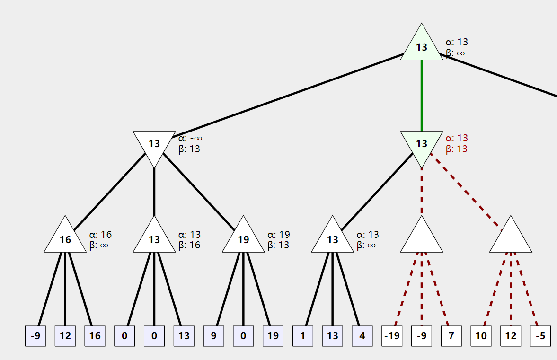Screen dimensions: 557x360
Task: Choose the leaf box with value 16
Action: coord(95,336)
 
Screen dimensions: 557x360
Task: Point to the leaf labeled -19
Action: coord(392,336)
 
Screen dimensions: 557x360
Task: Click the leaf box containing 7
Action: coord(451,336)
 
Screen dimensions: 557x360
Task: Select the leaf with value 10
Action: coord(481,336)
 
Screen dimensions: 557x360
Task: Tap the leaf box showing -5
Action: coord(540,336)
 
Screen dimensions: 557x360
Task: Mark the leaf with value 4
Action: coord(362,336)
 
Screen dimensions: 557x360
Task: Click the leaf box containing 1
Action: coord(303,336)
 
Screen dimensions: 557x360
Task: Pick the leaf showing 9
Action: coord(213,336)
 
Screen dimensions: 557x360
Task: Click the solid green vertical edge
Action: coord(422,96)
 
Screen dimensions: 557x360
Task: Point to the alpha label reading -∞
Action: coord(190,138)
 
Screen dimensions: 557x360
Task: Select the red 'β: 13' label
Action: coord(457,149)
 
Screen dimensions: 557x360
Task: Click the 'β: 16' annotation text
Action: coord(189,245)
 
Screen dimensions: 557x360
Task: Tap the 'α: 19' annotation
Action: coord(278,235)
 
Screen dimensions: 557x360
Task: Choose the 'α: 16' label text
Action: coord(100,235)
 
